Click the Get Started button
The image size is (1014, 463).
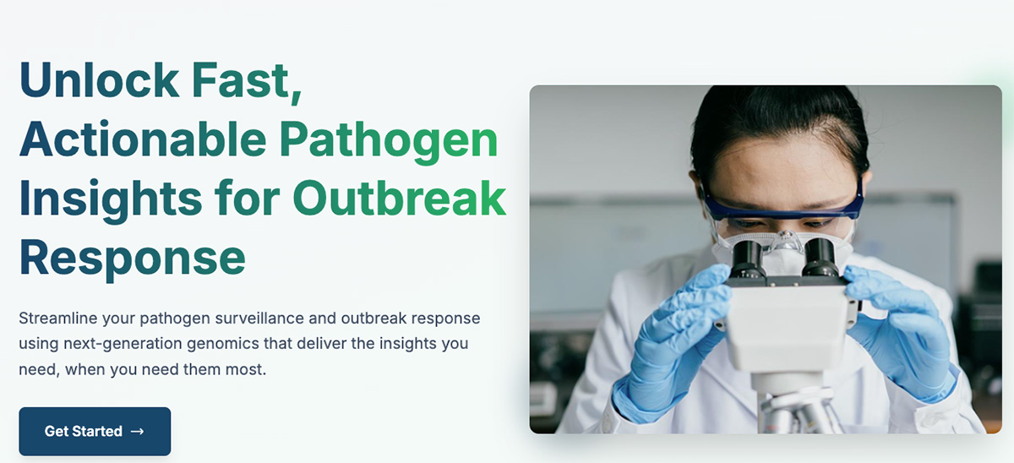95,432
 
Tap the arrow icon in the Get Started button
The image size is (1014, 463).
137,432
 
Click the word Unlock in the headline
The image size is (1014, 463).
99,79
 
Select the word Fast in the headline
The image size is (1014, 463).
246,80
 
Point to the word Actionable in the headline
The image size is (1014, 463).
143,139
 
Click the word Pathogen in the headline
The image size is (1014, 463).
389,141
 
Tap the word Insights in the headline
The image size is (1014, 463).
111,199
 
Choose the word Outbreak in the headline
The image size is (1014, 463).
399,199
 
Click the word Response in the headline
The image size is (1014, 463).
132,258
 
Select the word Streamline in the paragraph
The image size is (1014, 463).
58,319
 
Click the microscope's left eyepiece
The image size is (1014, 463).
747,259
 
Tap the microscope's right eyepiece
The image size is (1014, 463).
820,257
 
